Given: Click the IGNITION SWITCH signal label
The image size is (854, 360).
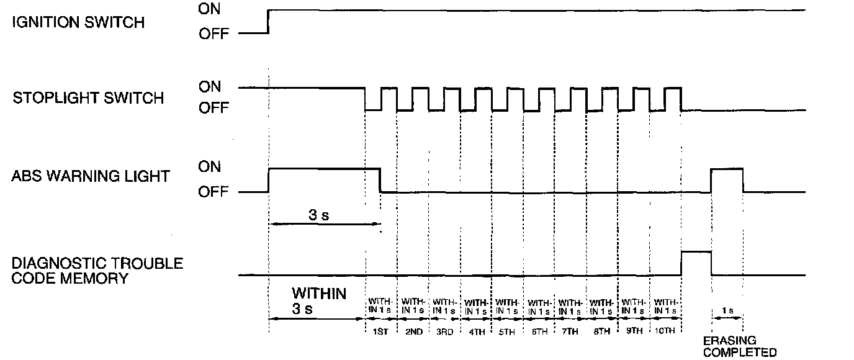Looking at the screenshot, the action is coord(78,22).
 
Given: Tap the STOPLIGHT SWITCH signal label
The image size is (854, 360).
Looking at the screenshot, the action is coord(88,98).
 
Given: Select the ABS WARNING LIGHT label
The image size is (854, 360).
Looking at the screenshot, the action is coord(90,176).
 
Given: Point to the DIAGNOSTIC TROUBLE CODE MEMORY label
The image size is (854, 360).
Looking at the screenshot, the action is coord(97,271).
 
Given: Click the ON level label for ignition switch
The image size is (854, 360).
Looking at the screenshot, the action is coord(210,9).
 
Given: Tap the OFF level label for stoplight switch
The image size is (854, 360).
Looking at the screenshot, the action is coord(213,109).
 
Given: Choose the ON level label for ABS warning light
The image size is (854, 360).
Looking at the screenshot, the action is coord(210,166).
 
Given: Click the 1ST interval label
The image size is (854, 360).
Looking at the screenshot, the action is coord(380,332).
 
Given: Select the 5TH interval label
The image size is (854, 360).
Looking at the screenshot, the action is coord(506,332).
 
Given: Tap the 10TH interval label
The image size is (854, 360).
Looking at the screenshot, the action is coord(664,332).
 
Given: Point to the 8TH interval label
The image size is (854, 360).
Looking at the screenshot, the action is coord(601,332).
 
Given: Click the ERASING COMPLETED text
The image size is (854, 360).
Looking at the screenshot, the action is coord(739,346).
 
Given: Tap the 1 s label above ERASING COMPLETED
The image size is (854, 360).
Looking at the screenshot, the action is coord(727,308).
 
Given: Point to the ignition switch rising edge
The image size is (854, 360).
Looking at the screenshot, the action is coord(268,21).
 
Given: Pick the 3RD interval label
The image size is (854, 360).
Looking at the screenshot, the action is coord(444,332).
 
